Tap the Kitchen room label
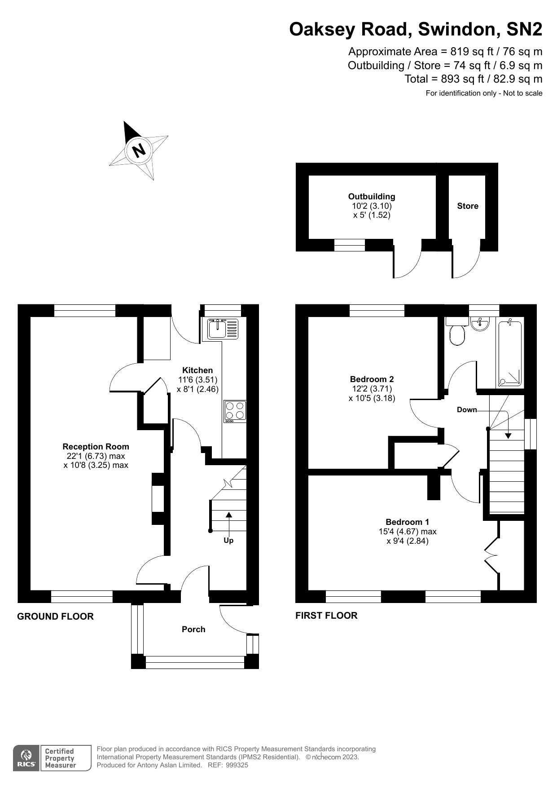tap(197, 370)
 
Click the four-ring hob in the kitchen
tap(235, 411)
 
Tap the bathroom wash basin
tap(480, 323)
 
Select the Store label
tap(468, 206)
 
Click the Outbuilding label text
tap(372, 197)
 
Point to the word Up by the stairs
tap(228, 541)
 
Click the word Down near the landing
tap(467, 409)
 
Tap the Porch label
tap(193, 630)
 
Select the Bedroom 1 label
tap(407, 522)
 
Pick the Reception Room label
tap(96, 447)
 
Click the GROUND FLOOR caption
tap(55, 616)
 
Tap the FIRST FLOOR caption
tap(326, 616)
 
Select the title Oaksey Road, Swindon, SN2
tap(416, 30)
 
